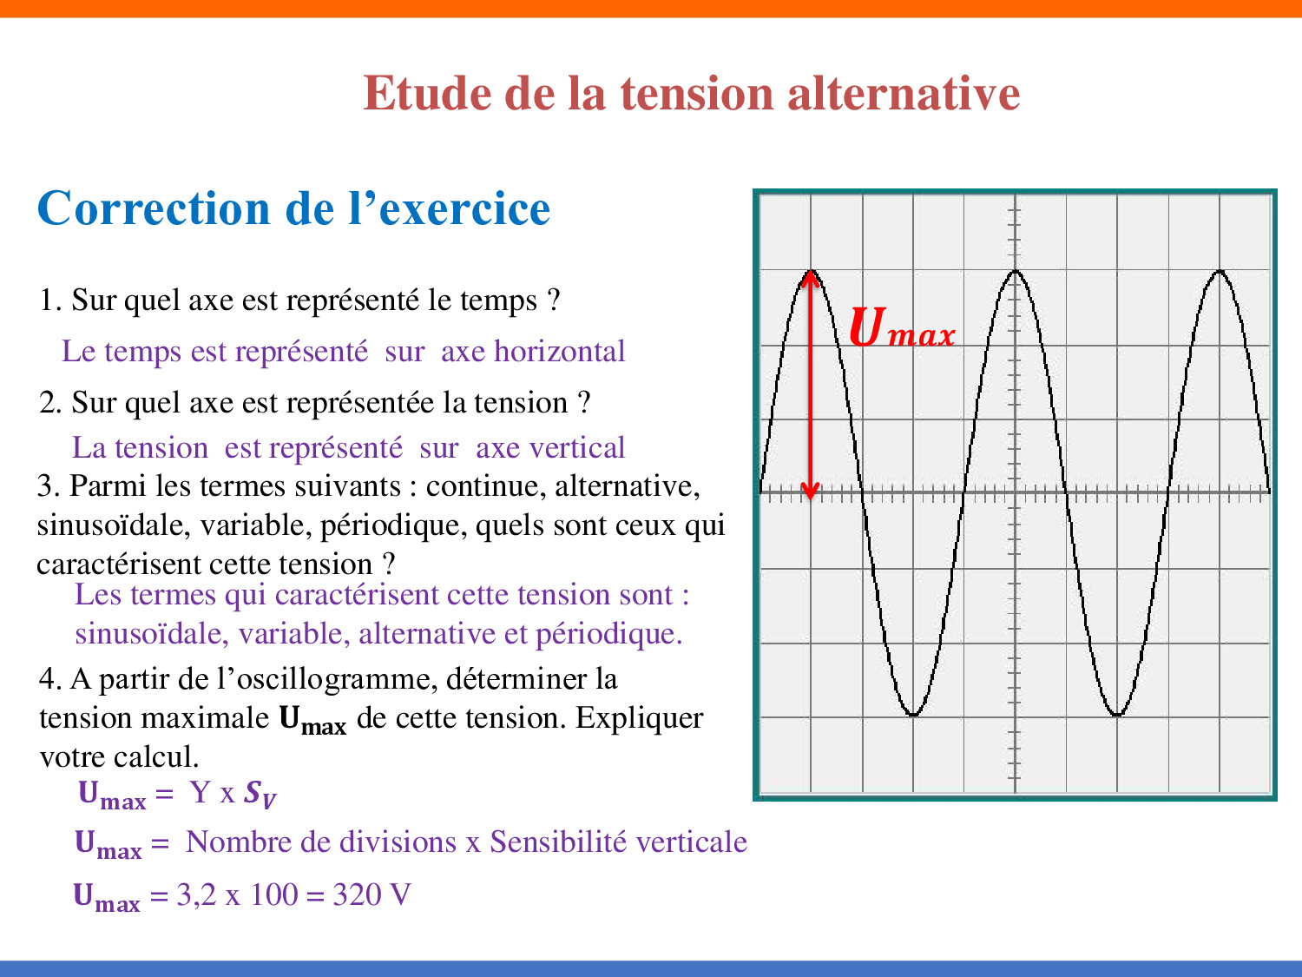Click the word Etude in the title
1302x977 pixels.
(427, 93)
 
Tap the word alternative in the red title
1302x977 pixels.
(904, 93)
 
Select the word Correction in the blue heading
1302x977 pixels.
(154, 208)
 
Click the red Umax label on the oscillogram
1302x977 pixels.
(902, 327)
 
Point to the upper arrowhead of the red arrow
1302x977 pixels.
(810, 279)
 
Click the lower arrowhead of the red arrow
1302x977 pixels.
(810, 492)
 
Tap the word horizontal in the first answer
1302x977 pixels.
(559, 351)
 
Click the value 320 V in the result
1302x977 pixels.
(372, 894)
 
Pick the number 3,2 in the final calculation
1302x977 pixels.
(196, 895)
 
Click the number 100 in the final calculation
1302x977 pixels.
(273, 894)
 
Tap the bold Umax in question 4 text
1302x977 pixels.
(312, 720)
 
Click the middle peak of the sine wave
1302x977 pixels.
(1015, 271)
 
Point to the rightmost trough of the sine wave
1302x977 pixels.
(1117, 714)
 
